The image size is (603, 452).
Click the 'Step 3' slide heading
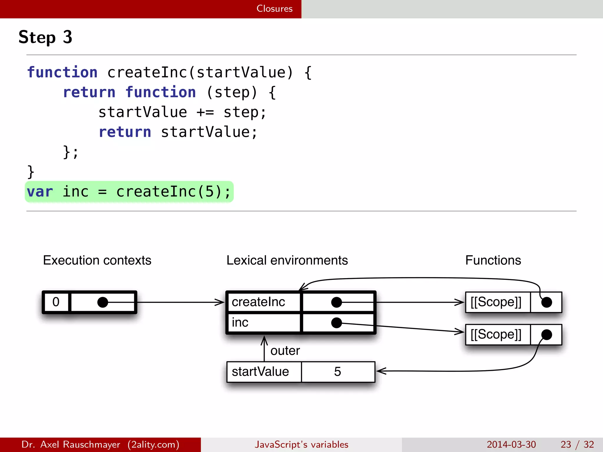point(45,37)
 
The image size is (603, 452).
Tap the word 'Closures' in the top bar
point(274,9)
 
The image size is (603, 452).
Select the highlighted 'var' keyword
point(40,192)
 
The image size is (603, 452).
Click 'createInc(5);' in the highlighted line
point(173,192)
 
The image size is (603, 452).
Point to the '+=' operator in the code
point(205,112)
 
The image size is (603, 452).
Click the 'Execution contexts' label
point(97,260)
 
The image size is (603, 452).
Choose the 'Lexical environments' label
point(287,260)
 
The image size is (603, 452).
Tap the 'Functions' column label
point(493,260)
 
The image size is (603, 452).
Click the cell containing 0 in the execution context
point(56,302)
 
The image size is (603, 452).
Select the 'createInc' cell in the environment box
point(259,302)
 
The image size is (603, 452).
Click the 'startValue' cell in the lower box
point(260,372)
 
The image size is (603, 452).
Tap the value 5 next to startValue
point(337,372)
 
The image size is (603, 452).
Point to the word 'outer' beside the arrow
point(285,351)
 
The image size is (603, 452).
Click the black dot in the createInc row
point(337,302)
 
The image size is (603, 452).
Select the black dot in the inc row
point(337,323)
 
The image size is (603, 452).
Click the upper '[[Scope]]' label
point(496,302)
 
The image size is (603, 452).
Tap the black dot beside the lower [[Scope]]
point(546,335)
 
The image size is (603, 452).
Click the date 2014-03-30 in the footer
point(511,444)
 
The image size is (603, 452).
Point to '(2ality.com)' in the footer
point(153,444)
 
